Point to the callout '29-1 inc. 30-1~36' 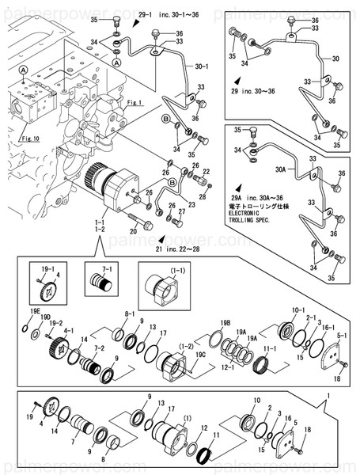[x=161, y=15]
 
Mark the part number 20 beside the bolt [x=134, y=230]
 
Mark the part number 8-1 [x=129, y=314]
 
